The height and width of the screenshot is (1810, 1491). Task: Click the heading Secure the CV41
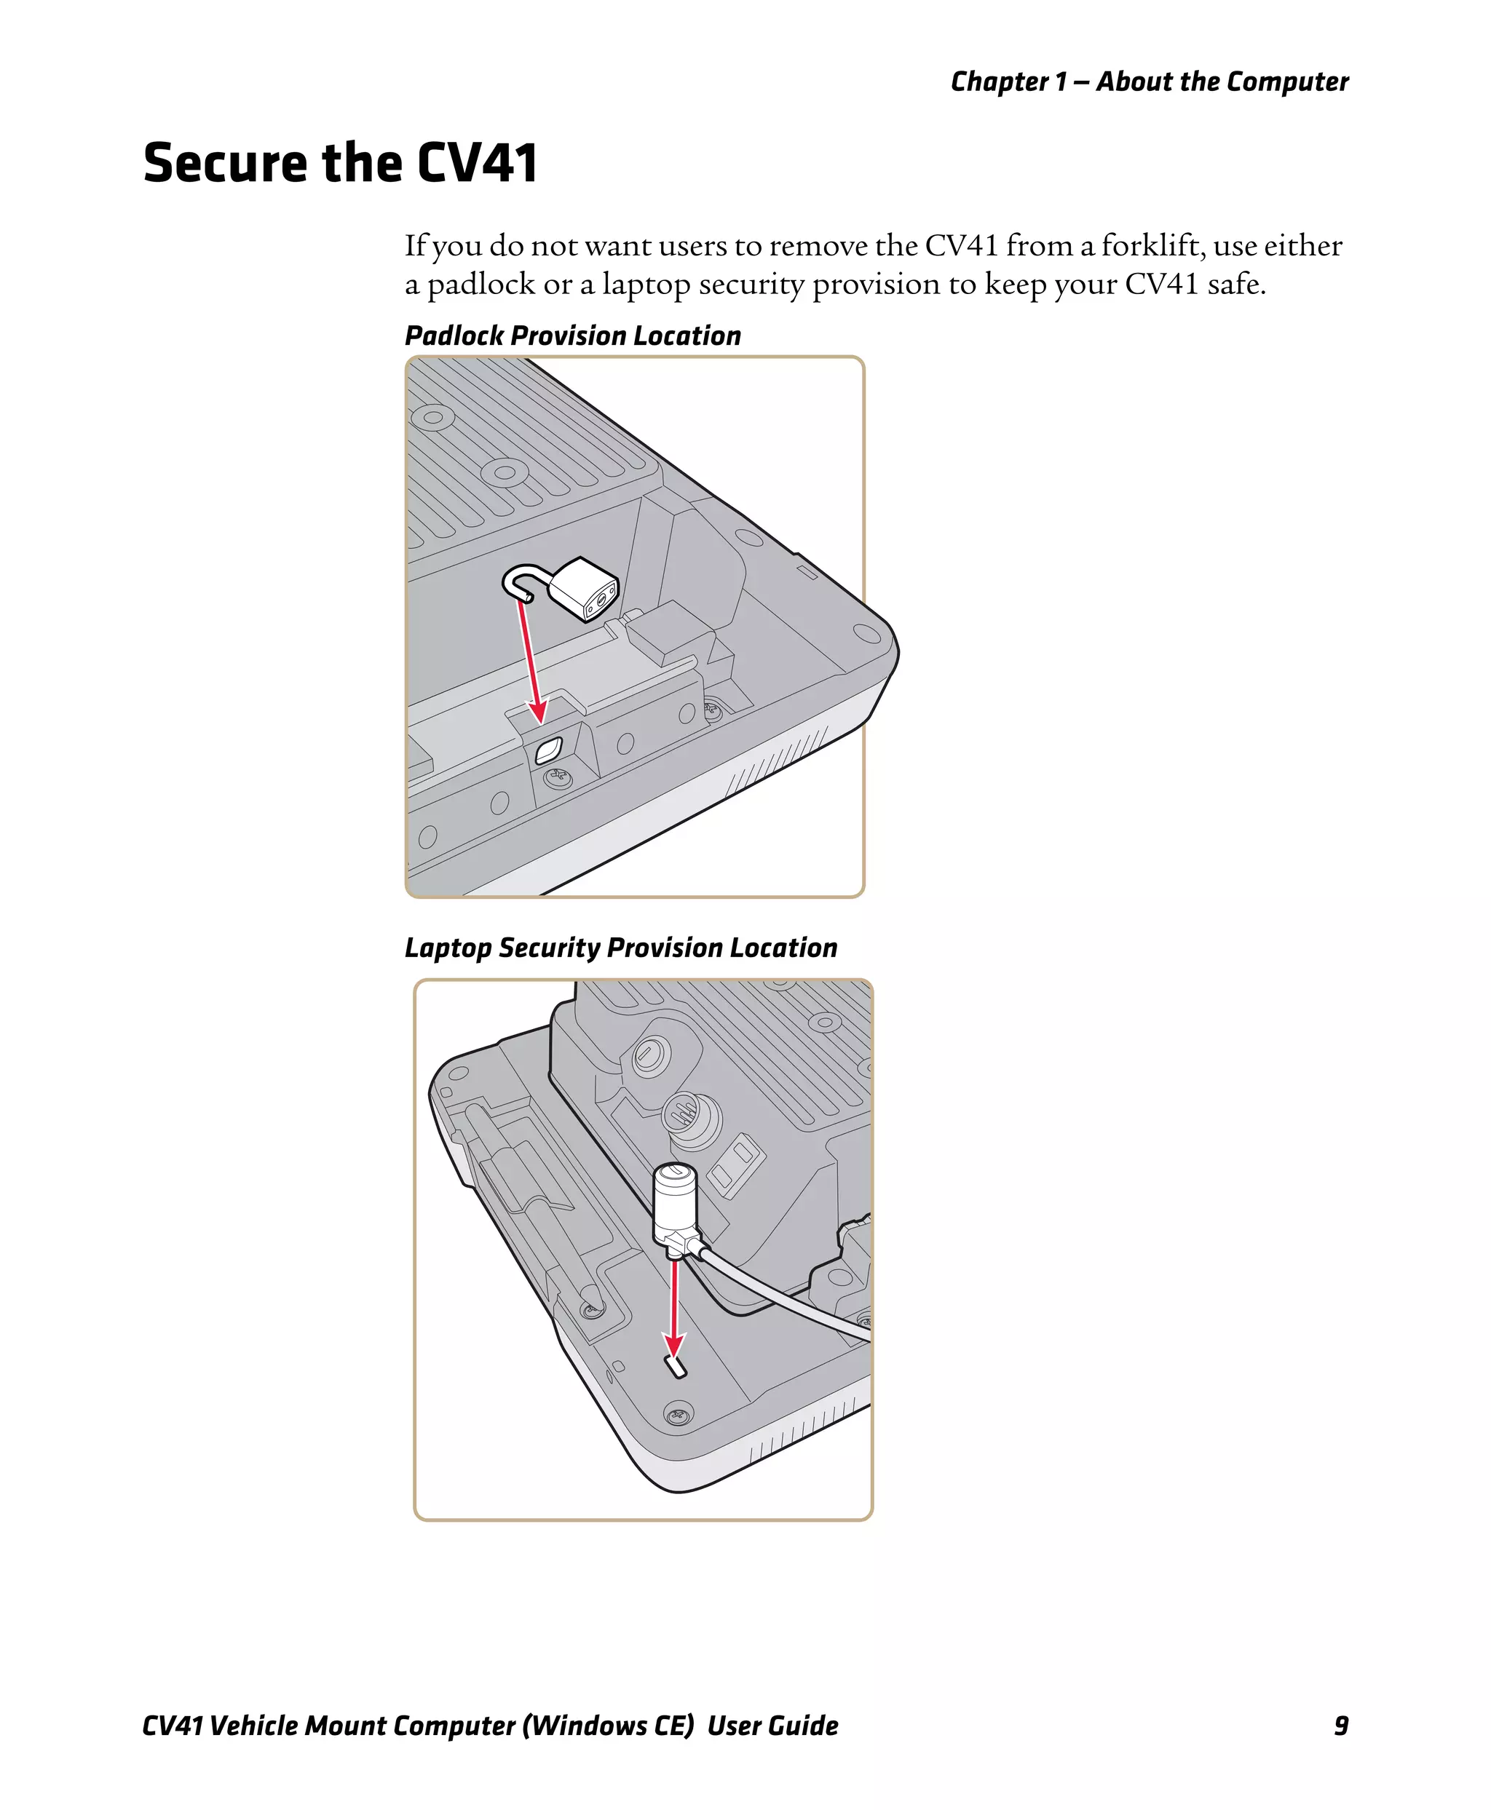(340, 162)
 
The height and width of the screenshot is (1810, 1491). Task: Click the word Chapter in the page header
(1000, 82)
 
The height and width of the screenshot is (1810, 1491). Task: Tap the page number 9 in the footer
(1341, 1725)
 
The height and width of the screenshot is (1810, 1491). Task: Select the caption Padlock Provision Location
(572, 336)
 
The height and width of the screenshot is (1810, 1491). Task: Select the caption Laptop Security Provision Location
(620, 948)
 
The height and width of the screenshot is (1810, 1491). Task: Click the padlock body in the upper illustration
(584, 588)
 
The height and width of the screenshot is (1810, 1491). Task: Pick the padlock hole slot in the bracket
(548, 750)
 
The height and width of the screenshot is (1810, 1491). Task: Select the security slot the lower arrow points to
(677, 1366)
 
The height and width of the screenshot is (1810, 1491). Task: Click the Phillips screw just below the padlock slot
(558, 779)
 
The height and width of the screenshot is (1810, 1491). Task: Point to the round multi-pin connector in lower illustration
(689, 1119)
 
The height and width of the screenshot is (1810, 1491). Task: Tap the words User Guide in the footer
(772, 1725)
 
